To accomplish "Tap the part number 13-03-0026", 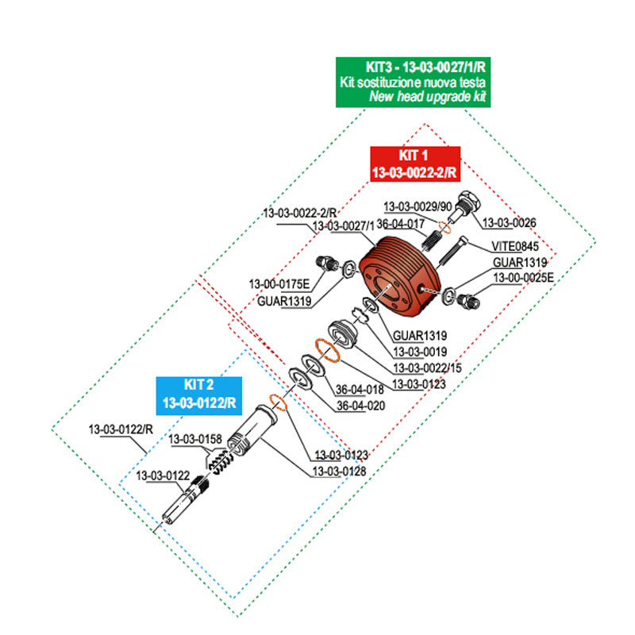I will (x=510, y=222).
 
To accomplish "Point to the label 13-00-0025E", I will (x=523, y=277).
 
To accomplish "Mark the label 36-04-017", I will (x=402, y=225).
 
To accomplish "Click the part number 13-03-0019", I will (x=420, y=351).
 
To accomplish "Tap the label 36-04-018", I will (x=360, y=389).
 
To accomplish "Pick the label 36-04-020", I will (x=360, y=406).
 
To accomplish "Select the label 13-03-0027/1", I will (x=343, y=226).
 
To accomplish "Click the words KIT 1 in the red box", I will (x=413, y=156).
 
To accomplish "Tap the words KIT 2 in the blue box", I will (x=198, y=387).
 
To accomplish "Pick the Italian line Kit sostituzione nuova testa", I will (x=414, y=83).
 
